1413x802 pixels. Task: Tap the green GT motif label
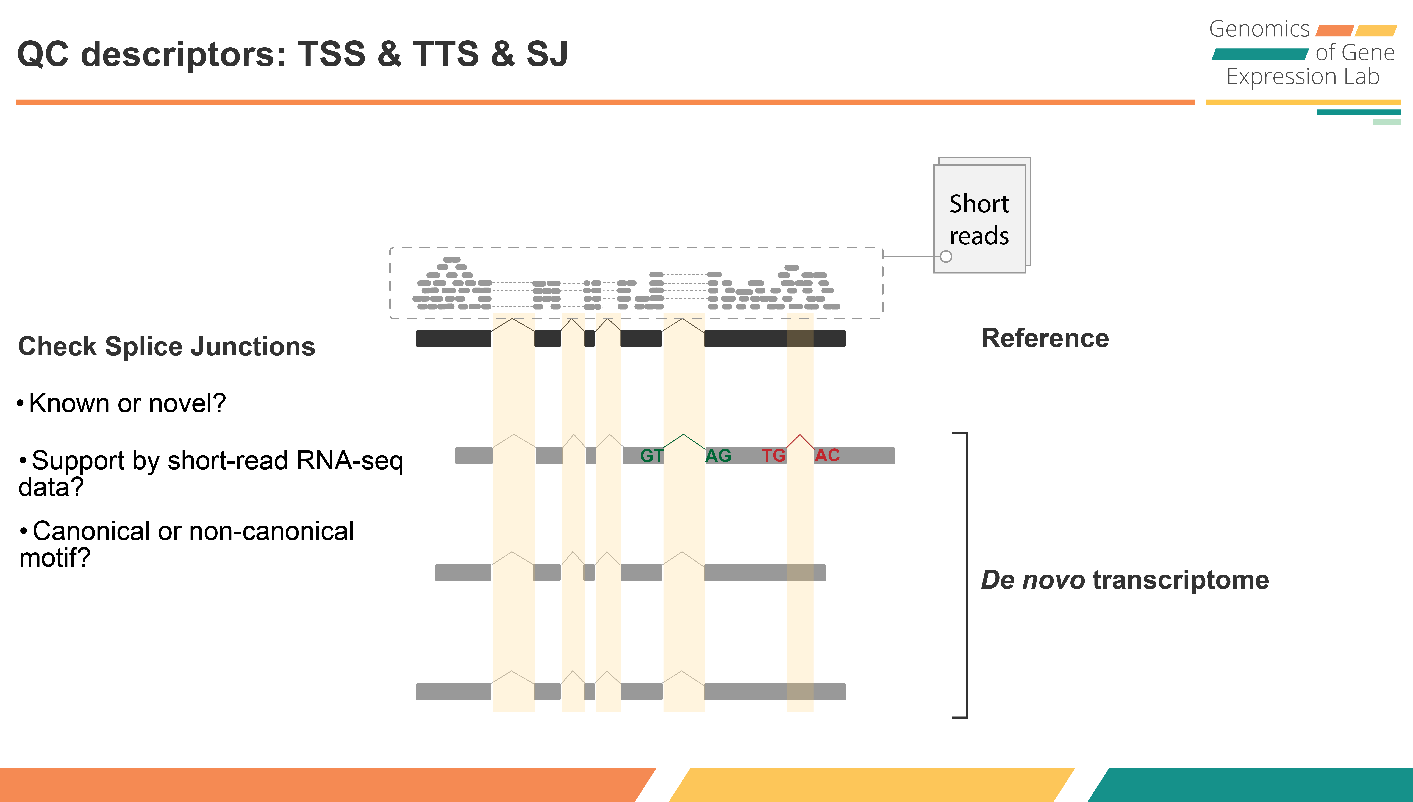pyautogui.click(x=651, y=456)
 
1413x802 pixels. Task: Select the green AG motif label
pyautogui.click(x=718, y=456)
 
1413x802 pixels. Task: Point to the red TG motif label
pyautogui.click(x=773, y=456)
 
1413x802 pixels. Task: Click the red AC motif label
pyautogui.click(x=827, y=456)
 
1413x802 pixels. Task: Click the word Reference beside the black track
pyautogui.click(x=1045, y=338)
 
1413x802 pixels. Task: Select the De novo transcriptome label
pyautogui.click(x=1125, y=580)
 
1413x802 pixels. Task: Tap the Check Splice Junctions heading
pyautogui.click(x=166, y=346)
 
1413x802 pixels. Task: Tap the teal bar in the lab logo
pyautogui.click(x=1259, y=54)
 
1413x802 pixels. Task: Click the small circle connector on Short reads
pyautogui.click(x=946, y=256)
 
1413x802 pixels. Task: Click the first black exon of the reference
pyautogui.click(x=453, y=338)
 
